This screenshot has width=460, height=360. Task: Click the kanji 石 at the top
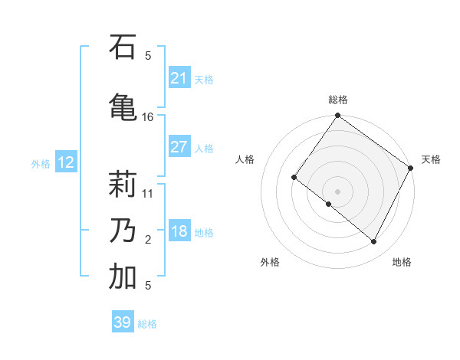click(123, 48)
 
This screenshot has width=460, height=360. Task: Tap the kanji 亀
click(123, 106)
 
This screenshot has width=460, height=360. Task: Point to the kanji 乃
click(123, 229)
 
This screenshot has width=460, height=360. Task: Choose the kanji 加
click(123, 277)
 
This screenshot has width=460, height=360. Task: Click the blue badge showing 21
click(179, 78)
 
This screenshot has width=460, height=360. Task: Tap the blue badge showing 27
click(179, 147)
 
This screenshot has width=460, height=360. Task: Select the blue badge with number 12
click(65, 162)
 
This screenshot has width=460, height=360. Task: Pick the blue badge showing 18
click(179, 231)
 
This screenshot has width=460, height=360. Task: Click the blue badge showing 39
click(122, 322)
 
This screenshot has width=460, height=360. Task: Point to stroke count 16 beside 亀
click(148, 117)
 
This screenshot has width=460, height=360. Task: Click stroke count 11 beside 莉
click(148, 194)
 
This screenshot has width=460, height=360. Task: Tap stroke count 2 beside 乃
click(148, 240)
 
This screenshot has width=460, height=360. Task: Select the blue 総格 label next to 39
click(147, 324)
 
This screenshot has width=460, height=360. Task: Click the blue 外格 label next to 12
click(41, 163)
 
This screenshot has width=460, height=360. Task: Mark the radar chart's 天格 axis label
click(431, 159)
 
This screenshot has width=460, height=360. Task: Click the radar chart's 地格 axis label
click(402, 262)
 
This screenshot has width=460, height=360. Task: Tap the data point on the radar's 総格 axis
click(337, 116)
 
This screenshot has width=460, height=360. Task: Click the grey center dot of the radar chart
click(337, 191)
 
